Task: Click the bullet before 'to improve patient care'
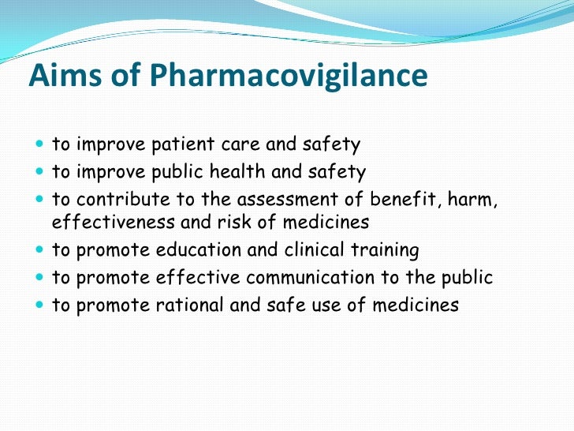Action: (39, 145)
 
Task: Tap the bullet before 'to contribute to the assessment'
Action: (39, 199)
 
